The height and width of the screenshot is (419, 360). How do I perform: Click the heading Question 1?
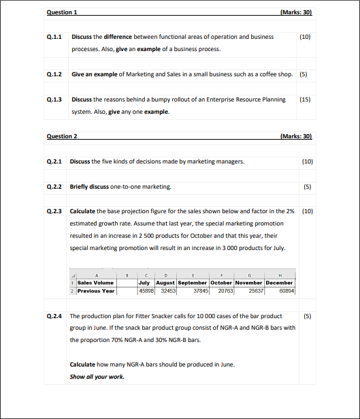(61, 13)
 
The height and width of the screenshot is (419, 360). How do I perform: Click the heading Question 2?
(61, 136)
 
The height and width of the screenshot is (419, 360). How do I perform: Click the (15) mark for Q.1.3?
(305, 99)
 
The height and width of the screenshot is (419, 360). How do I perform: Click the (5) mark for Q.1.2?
(304, 74)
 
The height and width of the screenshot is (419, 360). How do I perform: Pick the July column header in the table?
(144, 282)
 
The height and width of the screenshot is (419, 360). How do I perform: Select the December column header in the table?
(279, 282)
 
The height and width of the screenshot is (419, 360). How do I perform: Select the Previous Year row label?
(96, 290)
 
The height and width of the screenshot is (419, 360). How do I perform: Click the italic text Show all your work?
(97, 376)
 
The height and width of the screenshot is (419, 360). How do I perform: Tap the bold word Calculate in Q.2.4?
(82, 364)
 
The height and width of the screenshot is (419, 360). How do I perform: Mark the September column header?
(192, 282)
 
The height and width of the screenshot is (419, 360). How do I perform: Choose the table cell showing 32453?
(167, 290)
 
